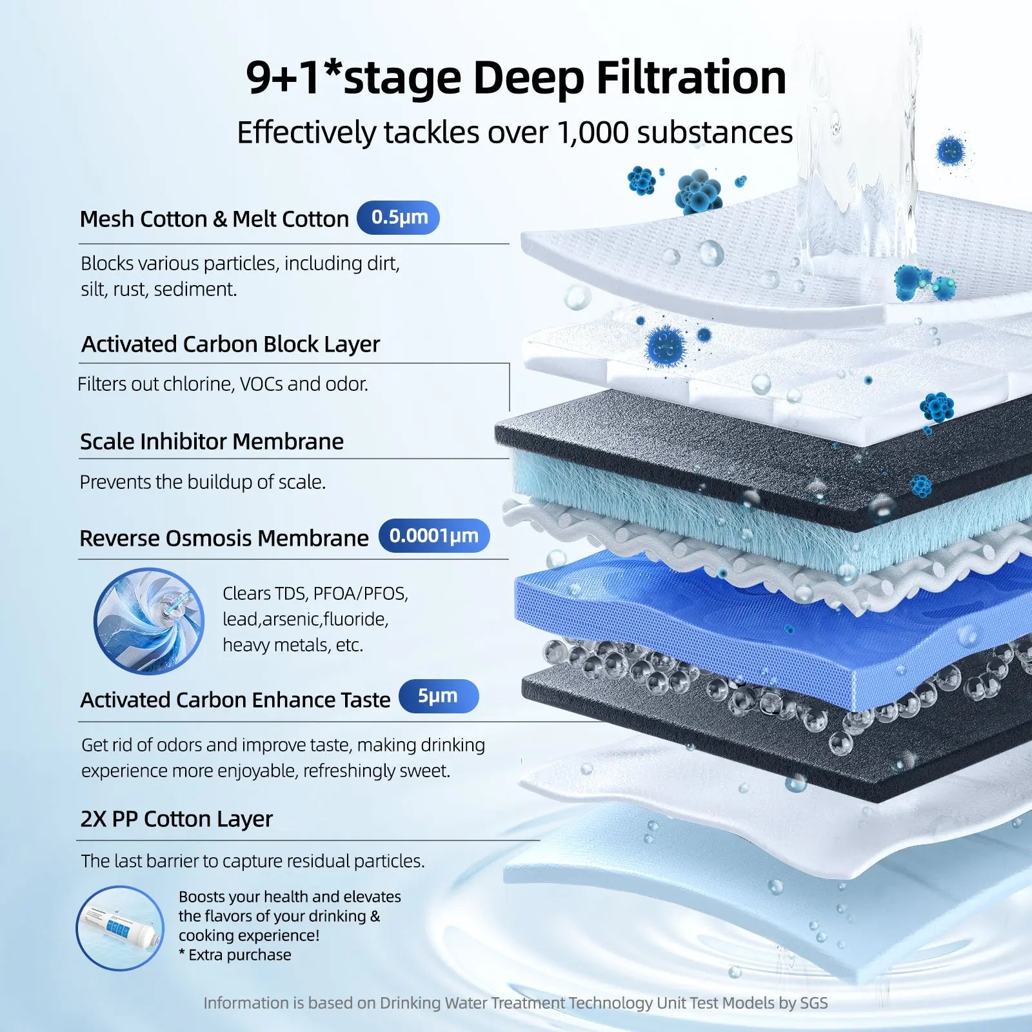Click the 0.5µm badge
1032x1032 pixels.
tap(398, 217)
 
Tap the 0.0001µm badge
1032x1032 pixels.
tap(433, 536)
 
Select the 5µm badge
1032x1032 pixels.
tap(438, 696)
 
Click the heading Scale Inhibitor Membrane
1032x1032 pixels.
tap(212, 442)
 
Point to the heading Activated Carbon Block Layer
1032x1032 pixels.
tap(230, 344)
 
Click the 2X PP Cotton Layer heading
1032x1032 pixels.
tap(176, 819)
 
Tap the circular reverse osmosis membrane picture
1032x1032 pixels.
tap(149, 621)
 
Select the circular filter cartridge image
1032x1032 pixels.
tap(120, 928)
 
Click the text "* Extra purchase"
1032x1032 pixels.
tap(235, 955)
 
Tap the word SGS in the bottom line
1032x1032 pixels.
tap(813, 1003)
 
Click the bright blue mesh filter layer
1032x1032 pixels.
tap(709, 619)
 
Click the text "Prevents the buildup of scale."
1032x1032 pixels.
tap(203, 482)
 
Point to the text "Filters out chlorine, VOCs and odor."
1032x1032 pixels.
tap(223, 384)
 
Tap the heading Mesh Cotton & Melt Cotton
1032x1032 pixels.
tap(213, 219)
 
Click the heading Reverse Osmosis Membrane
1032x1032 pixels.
tap(224, 539)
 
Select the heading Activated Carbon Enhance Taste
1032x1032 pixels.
tap(235, 700)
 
